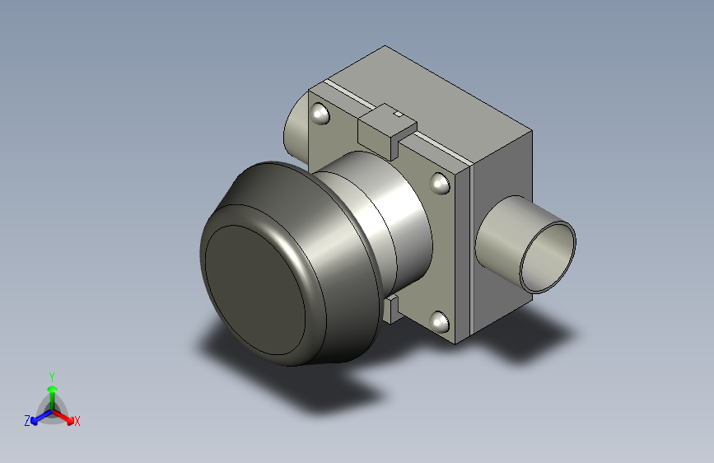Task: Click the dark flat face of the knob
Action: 254,290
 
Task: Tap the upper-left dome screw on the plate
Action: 320,114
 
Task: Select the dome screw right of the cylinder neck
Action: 440,184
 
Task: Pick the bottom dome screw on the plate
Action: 440,322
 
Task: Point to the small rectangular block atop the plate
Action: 387,131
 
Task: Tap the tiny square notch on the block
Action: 398,114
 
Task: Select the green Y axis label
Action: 52,377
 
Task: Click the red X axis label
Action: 77,422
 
